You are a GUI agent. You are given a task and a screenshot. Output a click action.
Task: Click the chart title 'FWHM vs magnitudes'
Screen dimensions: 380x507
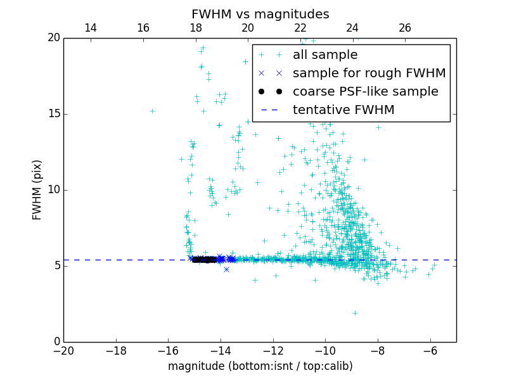260,14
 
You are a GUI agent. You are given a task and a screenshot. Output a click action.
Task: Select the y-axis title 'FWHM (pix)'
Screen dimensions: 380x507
37,189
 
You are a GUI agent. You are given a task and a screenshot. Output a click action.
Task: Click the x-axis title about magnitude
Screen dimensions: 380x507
260,366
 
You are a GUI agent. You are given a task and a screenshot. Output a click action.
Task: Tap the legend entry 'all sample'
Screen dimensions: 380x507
325,55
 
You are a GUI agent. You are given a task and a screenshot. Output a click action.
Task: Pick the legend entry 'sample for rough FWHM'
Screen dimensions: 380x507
369,73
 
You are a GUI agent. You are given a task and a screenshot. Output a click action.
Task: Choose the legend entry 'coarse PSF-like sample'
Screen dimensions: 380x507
365,91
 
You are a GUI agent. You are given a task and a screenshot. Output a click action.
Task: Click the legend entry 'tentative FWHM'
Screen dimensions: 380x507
343,110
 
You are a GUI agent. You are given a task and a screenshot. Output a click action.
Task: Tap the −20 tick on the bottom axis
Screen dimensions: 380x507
63,351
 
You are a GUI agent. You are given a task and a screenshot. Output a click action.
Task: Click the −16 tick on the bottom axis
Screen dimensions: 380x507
168,351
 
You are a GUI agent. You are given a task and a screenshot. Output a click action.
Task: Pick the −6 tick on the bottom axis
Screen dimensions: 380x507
430,351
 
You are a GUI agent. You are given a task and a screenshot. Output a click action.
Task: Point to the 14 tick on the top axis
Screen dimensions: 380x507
91,28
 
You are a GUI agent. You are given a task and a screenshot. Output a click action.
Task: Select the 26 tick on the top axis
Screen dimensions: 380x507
405,28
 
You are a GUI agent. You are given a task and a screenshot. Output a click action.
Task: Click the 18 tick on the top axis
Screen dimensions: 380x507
195,28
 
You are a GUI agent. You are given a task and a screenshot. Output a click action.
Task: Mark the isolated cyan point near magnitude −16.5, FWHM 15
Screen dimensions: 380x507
152,111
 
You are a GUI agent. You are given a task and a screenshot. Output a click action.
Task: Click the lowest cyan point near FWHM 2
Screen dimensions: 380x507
355,313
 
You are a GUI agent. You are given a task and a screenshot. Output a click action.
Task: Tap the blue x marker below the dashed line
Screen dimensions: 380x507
226,269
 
